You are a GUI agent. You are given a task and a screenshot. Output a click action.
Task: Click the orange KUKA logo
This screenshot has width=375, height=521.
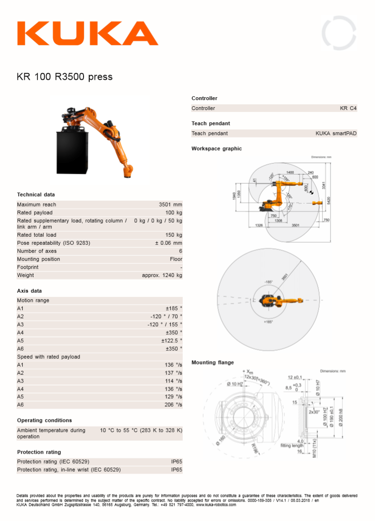pos(87,33)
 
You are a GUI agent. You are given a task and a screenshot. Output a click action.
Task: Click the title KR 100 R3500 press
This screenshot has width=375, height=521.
pos(65,76)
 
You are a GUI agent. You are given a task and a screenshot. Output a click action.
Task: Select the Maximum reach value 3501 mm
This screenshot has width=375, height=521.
pos(170,205)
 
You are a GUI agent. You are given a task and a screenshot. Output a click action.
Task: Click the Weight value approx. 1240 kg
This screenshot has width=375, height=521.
pos(162,275)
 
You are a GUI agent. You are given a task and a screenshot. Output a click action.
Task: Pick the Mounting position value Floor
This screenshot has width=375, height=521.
pos(176,259)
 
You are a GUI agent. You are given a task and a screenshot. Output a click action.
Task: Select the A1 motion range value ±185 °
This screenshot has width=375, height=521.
pos(174,308)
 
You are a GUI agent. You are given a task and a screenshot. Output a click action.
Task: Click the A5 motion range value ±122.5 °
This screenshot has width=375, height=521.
pos(171,341)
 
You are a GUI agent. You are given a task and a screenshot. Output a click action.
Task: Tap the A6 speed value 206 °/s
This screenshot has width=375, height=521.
pos(173,405)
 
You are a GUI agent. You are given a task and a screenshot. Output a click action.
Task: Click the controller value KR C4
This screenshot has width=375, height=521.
pos(348,108)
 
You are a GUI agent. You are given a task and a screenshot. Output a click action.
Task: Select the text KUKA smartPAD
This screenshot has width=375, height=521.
pos(336,133)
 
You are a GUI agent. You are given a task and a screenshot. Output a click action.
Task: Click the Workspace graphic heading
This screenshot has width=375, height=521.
pos(216,149)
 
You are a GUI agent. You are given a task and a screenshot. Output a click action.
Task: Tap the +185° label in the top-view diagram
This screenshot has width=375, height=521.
pos(268,322)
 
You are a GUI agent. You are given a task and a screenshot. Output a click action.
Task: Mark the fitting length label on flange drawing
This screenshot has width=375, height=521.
pos(292,446)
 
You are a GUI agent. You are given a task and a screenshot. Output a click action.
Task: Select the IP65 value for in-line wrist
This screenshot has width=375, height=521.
pos(177,470)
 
